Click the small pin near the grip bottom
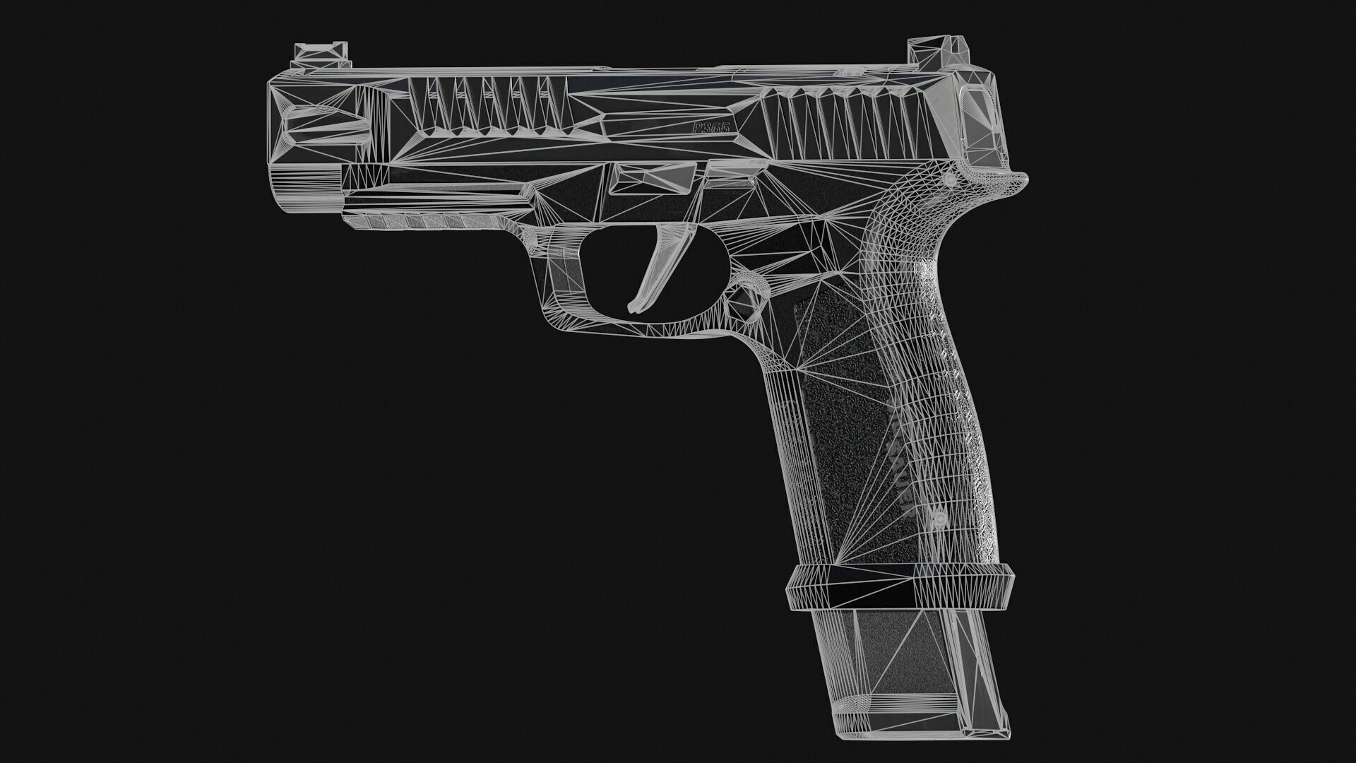[x=939, y=519]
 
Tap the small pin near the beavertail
[x=950, y=182]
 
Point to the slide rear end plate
[x=982, y=120]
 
